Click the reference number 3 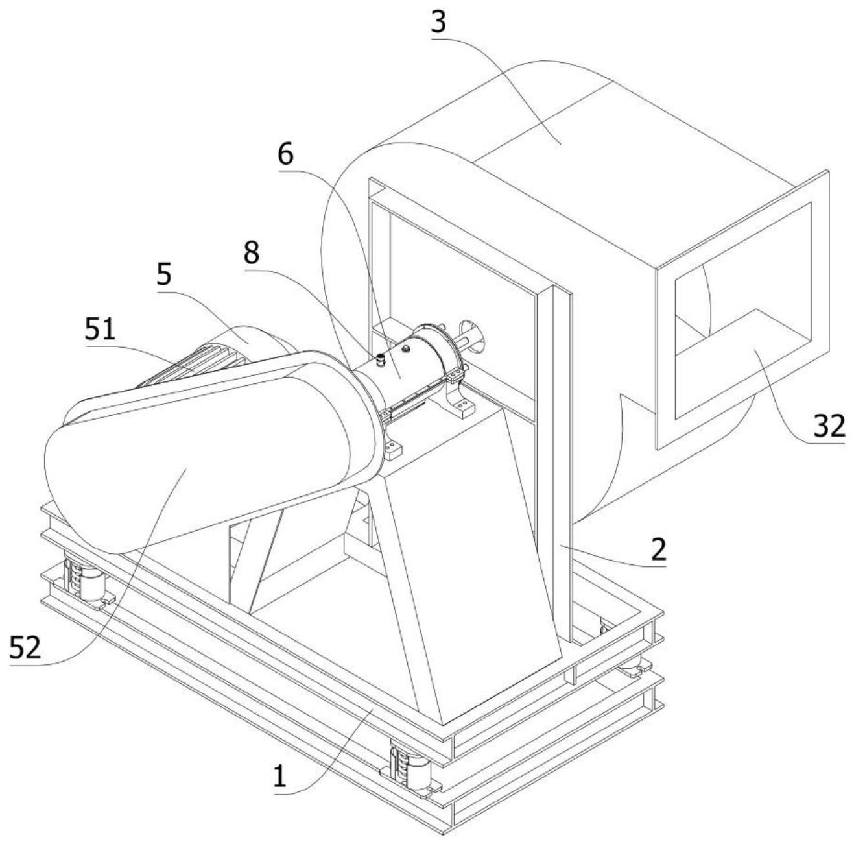[x=439, y=21]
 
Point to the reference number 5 [x=164, y=274]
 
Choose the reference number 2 [x=658, y=549]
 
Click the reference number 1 [x=279, y=775]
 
